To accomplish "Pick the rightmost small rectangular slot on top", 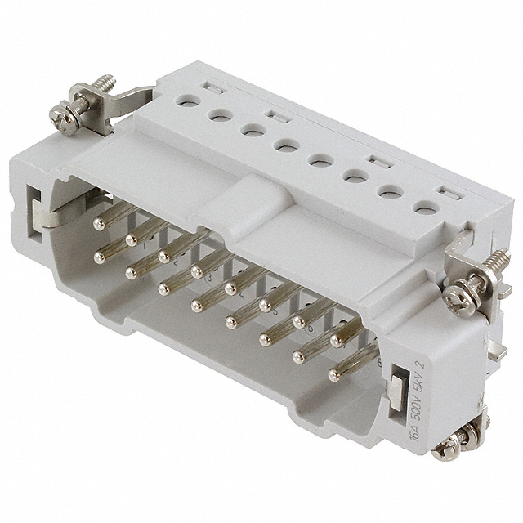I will pos(446,193).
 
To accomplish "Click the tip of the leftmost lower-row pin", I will pos(100,257).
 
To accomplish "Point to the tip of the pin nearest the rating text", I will pos(333,375).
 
